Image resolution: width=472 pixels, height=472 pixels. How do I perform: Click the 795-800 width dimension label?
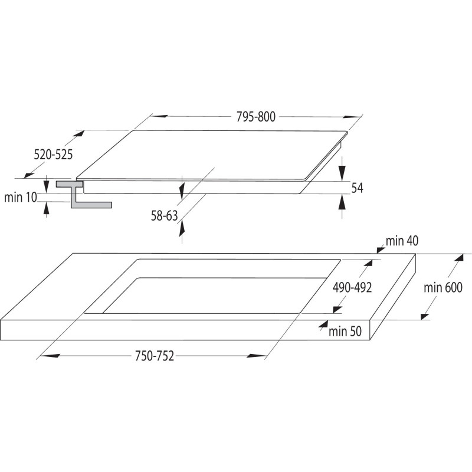pyautogui.click(x=255, y=117)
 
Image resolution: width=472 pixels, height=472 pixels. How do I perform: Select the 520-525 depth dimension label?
pyautogui.click(x=53, y=155)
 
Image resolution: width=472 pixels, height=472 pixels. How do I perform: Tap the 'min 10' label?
pyautogui.click(x=21, y=198)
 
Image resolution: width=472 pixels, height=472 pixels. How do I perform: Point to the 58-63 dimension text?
pyautogui.click(x=165, y=216)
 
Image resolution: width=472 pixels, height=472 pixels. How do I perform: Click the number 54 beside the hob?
pyautogui.click(x=358, y=188)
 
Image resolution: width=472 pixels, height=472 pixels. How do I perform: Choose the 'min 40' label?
pyautogui.click(x=402, y=241)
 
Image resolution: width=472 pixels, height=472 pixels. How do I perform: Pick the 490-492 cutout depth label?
pyautogui.click(x=352, y=288)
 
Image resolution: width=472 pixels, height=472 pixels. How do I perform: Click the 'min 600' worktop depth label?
pyautogui.click(x=443, y=288)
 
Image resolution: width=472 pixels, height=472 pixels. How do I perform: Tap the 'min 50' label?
pyautogui.click(x=345, y=332)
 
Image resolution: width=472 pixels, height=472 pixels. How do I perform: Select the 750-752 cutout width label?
pyautogui.click(x=155, y=356)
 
